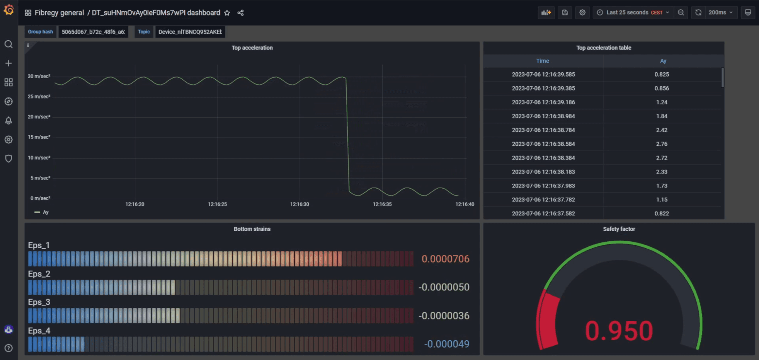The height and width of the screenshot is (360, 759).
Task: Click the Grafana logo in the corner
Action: click(9, 10)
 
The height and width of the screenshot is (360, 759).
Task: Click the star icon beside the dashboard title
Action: click(227, 13)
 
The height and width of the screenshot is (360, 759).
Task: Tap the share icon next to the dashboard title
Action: click(240, 13)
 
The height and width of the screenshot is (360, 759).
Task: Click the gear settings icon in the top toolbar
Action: click(582, 12)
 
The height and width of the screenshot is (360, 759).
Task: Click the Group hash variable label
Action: click(40, 32)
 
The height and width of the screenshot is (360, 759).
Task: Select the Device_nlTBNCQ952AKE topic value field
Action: click(190, 32)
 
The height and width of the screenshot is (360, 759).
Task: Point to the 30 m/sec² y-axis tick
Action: click(39, 76)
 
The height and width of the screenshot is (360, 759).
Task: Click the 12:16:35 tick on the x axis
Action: click(382, 204)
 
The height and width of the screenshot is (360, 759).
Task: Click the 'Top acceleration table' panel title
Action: click(604, 48)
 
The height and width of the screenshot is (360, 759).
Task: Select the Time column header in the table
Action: click(543, 61)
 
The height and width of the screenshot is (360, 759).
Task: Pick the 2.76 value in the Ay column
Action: click(662, 144)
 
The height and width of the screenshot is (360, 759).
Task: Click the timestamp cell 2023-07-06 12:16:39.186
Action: click(543, 102)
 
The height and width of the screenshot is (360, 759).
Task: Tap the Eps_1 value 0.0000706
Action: click(445, 259)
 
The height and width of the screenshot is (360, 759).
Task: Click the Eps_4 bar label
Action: click(39, 331)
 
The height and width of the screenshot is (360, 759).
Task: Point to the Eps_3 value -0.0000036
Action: click(444, 316)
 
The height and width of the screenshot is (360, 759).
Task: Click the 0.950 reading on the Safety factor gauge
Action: click(619, 331)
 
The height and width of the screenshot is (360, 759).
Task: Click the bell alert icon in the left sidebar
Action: click(9, 121)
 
